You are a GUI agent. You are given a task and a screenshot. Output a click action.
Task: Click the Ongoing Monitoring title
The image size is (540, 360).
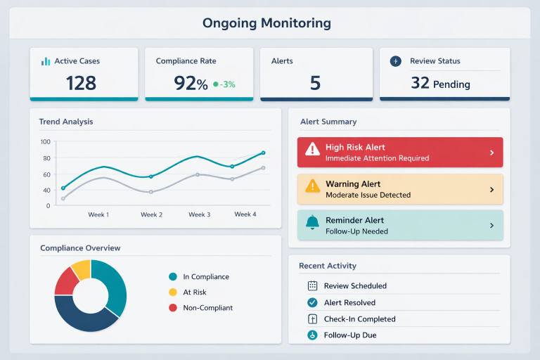(x=266, y=23)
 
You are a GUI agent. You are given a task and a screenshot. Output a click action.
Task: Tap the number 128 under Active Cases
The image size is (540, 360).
(x=81, y=83)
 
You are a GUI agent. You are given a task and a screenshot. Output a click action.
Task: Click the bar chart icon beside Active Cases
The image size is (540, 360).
(x=46, y=61)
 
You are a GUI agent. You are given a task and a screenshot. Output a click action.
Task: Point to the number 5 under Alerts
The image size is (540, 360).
(x=315, y=83)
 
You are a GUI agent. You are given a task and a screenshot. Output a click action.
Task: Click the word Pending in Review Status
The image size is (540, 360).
(x=451, y=84)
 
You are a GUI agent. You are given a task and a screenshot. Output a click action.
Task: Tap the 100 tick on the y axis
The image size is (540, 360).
(x=46, y=141)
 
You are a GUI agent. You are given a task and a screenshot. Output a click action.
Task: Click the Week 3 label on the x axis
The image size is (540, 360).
(x=199, y=214)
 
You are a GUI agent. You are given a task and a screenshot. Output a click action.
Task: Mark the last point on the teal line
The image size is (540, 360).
(x=263, y=153)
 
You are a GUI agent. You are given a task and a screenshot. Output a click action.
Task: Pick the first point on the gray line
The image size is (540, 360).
(x=63, y=198)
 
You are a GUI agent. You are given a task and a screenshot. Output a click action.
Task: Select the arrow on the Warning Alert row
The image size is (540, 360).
(x=491, y=190)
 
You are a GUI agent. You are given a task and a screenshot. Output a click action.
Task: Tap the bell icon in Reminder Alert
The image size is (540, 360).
(x=312, y=223)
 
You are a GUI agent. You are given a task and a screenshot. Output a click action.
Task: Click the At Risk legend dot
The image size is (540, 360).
(x=173, y=292)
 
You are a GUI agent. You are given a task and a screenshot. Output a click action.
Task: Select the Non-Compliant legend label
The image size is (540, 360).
(x=207, y=308)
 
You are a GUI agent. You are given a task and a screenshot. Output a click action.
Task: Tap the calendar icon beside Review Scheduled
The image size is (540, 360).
(x=313, y=286)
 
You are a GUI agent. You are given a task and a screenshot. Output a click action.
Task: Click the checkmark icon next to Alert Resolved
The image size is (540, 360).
(x=313, y=302)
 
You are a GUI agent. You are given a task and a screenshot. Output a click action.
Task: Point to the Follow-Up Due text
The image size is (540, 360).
(x=349, y=335)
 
